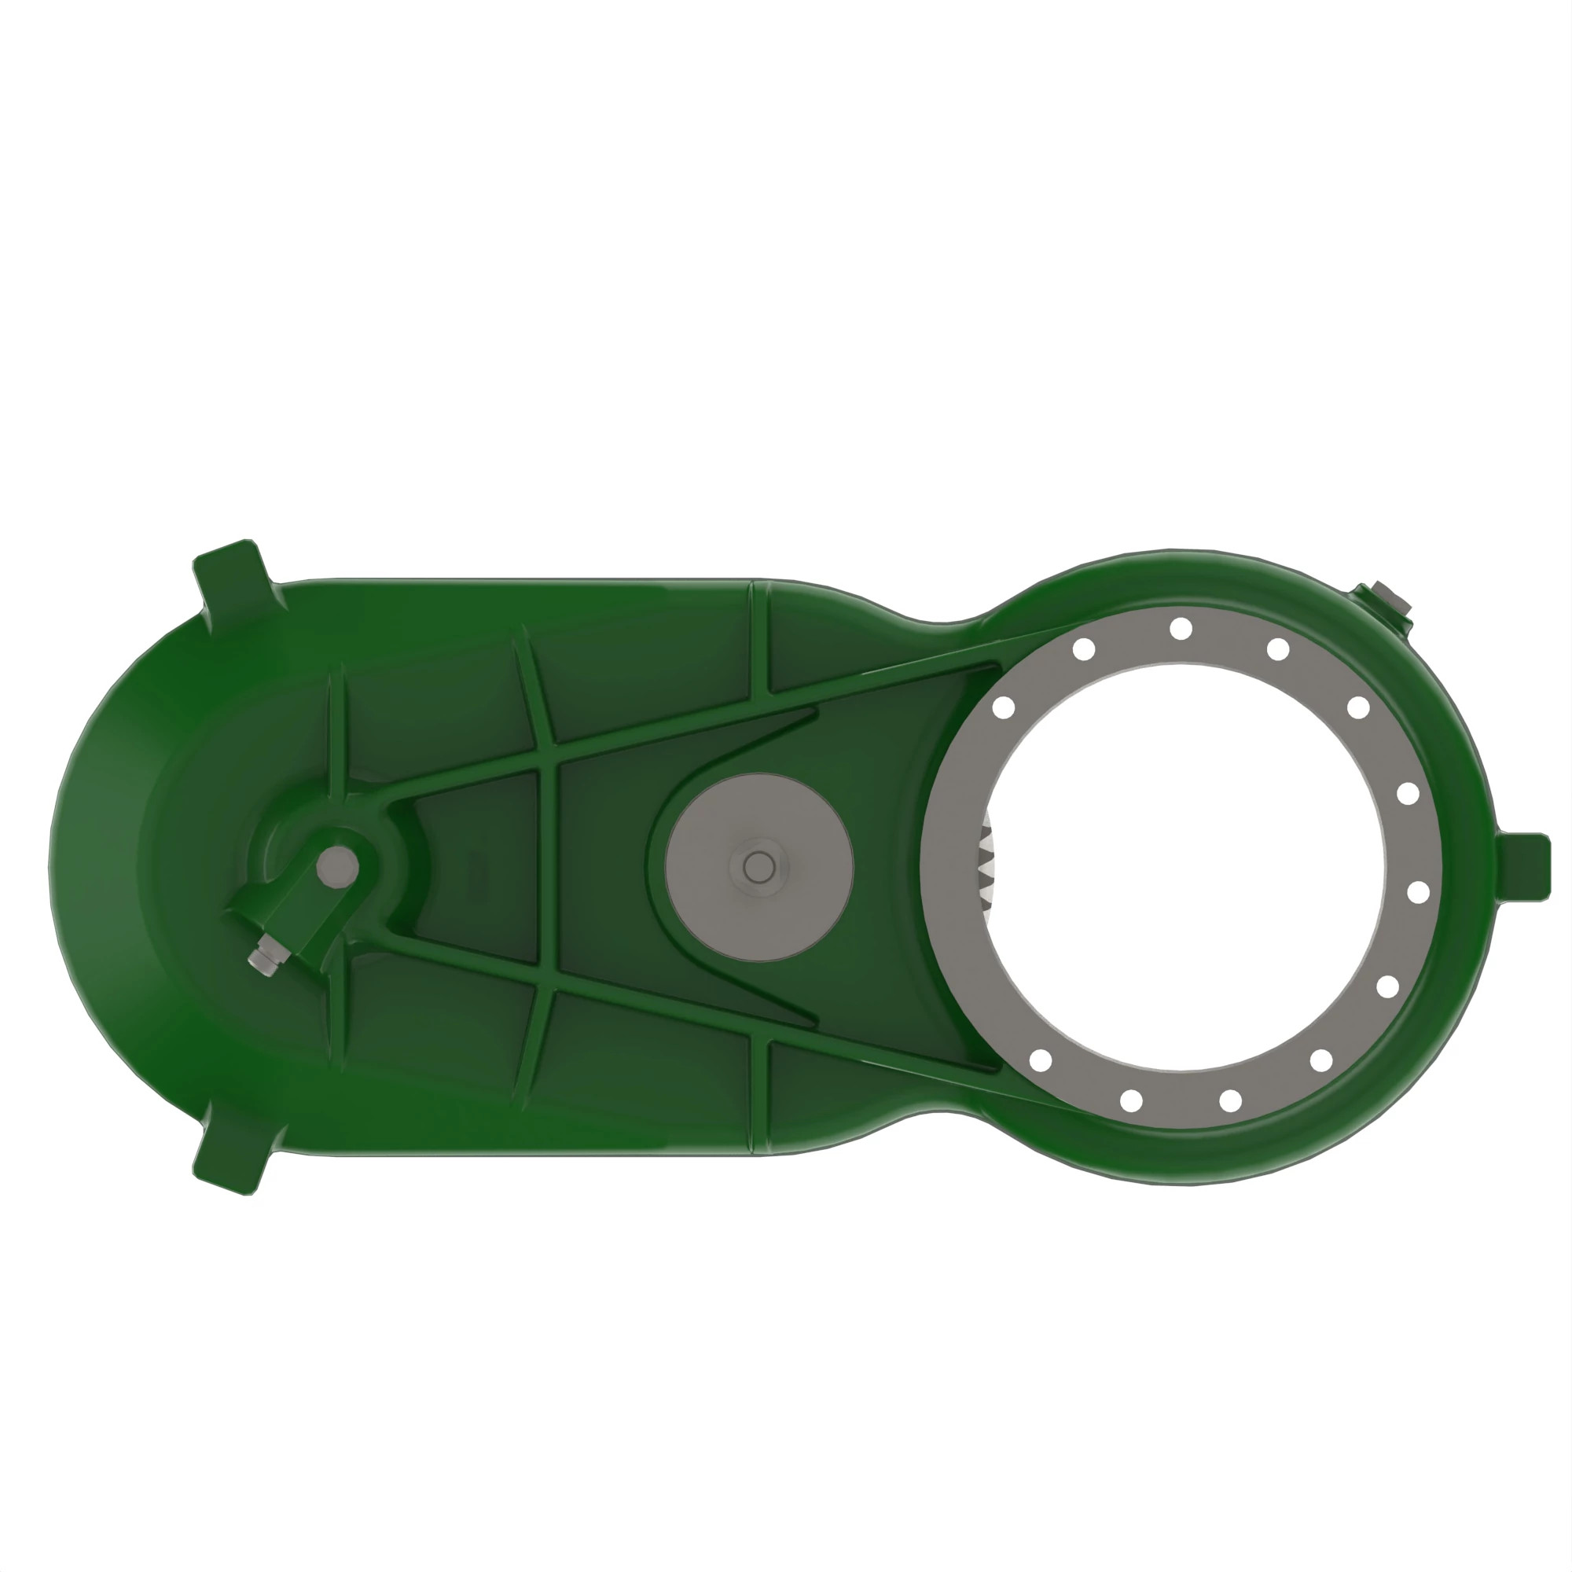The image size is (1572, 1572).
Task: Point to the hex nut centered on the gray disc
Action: point(759,868)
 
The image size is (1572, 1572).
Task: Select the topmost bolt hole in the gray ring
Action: point(1181,628)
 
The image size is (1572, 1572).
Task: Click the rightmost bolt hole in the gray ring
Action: point(1418,893)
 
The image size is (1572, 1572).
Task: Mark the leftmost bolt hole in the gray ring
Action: point(1004,708)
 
